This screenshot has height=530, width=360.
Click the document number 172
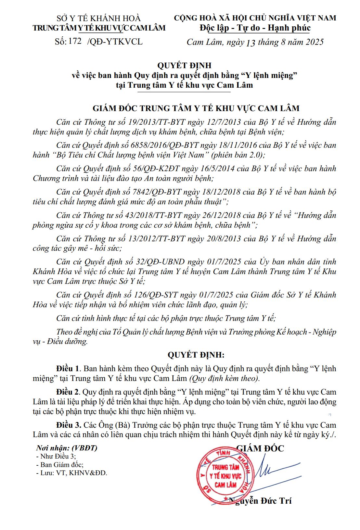[75, 41]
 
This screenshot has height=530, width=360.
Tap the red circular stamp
[225, 476]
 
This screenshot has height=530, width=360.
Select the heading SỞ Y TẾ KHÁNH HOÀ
[99, 18]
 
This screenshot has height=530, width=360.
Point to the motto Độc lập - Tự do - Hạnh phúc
[255, 28]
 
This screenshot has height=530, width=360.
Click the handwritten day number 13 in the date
[251, 43]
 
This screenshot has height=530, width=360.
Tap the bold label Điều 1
[68, 369]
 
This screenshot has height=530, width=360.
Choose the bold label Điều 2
[68, 392]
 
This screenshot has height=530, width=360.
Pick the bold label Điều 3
[68, 425]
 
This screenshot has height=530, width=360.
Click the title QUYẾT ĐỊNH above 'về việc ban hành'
[184, 66]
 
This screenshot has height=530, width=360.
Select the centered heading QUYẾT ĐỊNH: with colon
[196, 355]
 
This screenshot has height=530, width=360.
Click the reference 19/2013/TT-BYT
[157, 122]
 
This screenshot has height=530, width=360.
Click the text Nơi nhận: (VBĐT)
[67, 448]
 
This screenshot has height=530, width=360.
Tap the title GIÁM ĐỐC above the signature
[260, 448]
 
